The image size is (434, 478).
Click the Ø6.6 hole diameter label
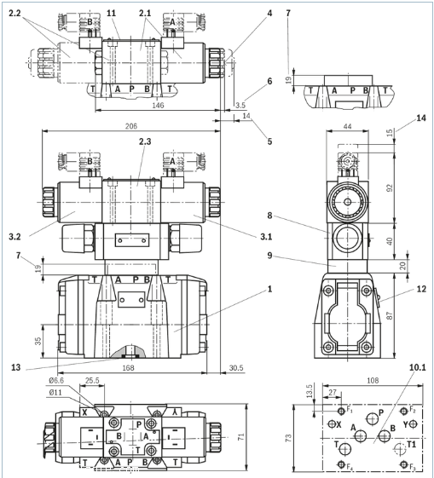click(x=57, y=380)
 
